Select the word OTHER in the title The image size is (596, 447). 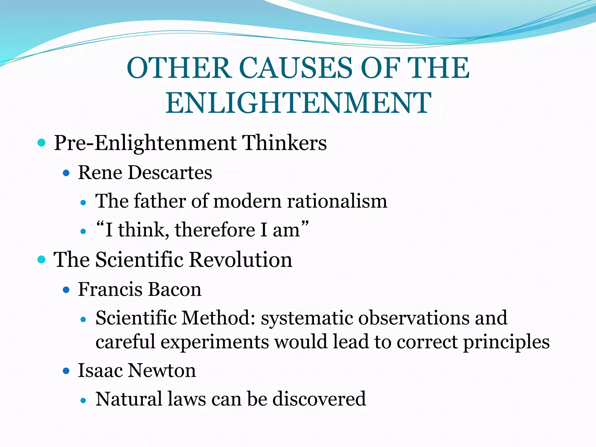pyautogui.click(x=179, y=68)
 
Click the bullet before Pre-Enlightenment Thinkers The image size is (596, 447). pyautogui.click(x=42, y=143)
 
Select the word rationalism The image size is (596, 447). pyautogui.click(x=337, y=201)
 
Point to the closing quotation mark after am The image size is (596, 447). pyautogui.click(x=305, y=224)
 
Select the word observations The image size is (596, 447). pyautogui.click(x=414, y=318)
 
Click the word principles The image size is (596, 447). pyautogui.click(x=506, y=342)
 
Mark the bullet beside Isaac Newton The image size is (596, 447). pyautogui.click(x=66, y=371)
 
